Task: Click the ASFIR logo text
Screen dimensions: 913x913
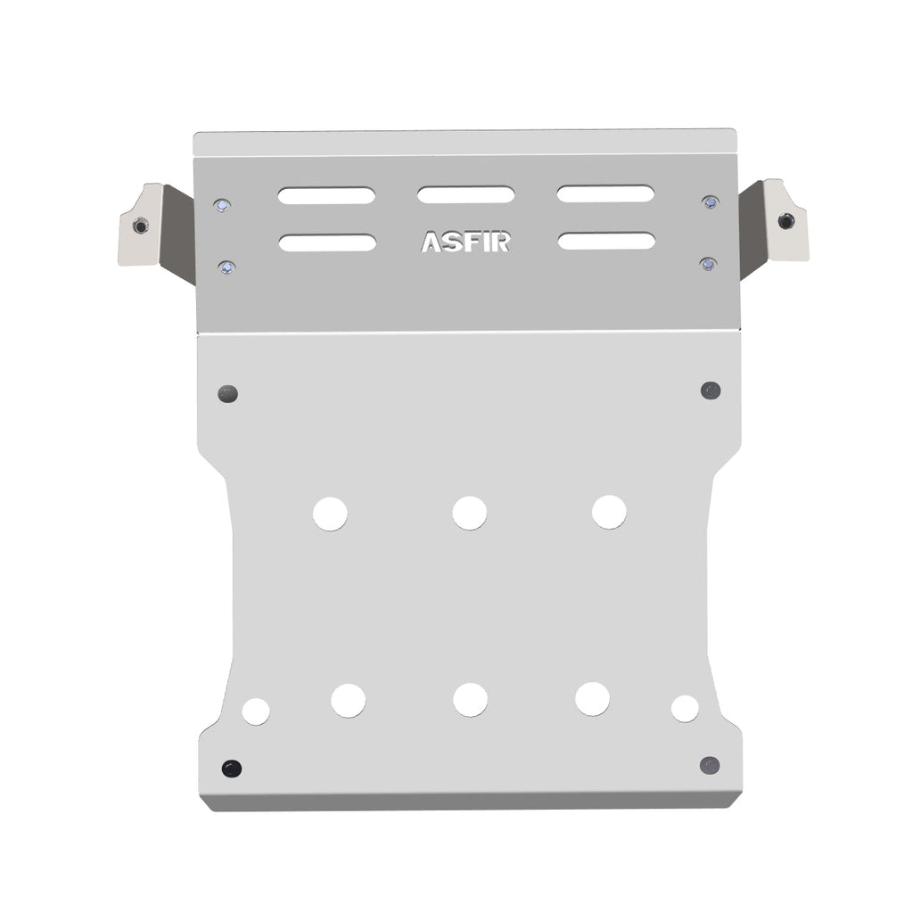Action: click(465, 243)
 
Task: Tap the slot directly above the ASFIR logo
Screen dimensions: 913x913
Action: click(465, 194)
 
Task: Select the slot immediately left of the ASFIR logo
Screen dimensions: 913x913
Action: click(327, 243)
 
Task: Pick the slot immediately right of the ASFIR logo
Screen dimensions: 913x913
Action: click(606, 241)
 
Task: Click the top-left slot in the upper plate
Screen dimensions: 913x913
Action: click(326, 195)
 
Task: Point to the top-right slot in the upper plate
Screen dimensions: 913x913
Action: click(606, 193)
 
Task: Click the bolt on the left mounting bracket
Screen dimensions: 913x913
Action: click(140, 226)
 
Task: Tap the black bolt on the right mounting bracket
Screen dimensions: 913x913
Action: click(786, 221)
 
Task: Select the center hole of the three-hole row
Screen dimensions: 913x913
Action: click(469, 513)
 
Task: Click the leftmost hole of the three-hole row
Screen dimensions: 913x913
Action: click(330, 514)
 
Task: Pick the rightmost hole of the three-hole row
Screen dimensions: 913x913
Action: click(609, 512)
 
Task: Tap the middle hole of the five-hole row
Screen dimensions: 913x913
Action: click(470, 699)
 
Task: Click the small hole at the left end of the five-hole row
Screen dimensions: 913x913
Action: click(256, 711)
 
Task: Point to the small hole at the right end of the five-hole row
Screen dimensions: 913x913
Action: click(685, 708)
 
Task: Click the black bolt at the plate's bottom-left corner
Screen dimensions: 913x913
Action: click(232, 768)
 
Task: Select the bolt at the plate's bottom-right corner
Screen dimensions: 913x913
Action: click(710, 765)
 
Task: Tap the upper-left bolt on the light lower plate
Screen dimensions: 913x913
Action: click(228, 393)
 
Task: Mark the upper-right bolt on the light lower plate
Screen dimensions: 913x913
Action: click(711, 391)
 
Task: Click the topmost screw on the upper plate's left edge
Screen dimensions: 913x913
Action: click(222, 206)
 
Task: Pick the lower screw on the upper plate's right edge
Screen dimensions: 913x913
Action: click(708, 264)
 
